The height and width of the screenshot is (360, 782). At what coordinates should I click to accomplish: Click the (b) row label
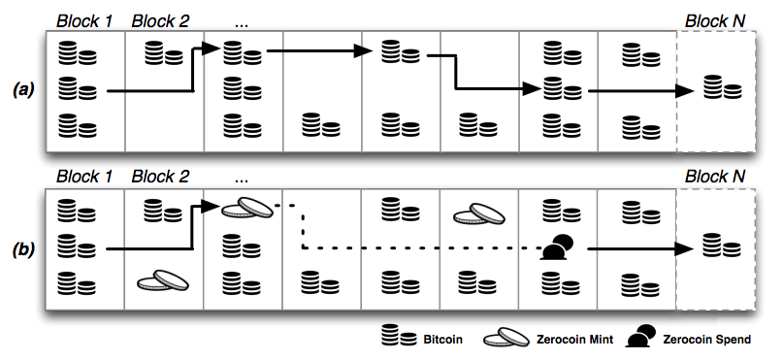[x=22, y=248]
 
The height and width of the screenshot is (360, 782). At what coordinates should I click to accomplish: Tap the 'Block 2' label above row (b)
[x=161, y=177]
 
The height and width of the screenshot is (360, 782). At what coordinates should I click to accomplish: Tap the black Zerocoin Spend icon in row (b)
[x=556, y=249]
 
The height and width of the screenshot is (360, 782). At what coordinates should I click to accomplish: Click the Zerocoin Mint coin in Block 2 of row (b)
[x=162, y=280]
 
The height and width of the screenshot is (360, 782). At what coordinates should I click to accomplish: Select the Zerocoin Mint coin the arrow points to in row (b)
[x=242, y=207]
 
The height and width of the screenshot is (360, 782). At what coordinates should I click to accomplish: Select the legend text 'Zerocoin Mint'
[x=572, y=340]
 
